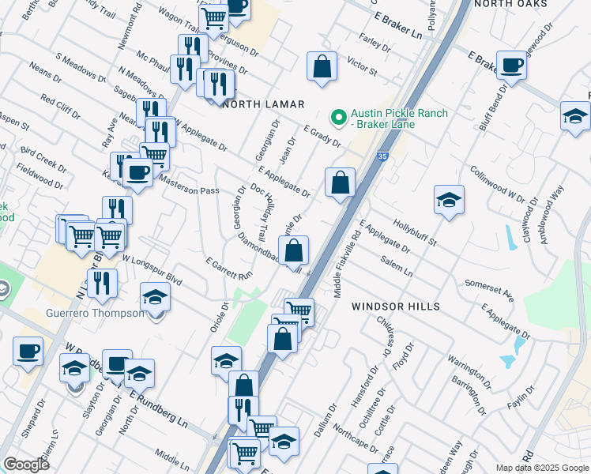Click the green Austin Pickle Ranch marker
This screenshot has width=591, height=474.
click(339, 118)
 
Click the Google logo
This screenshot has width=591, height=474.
click(25, 465)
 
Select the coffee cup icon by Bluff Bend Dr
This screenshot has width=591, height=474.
click(511, 66)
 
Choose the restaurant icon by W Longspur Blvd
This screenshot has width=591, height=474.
click(103, 284)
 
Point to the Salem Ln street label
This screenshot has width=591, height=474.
click(397, 266)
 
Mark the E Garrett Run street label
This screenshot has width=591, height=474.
click(228, 269)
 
